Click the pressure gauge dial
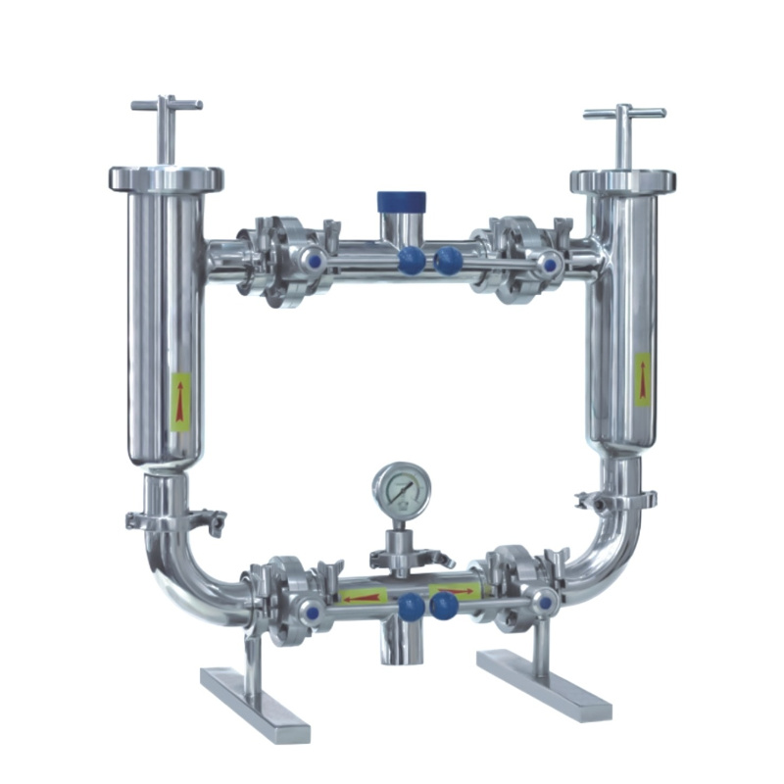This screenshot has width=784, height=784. pos(400,489)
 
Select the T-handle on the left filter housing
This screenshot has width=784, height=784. pos(167,104)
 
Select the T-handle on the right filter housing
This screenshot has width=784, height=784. pos(624,114)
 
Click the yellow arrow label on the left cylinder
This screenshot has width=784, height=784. pos(180,401)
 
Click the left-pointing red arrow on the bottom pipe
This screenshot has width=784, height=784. pos(364,596)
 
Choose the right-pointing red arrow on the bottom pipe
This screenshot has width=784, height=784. pos(456,593)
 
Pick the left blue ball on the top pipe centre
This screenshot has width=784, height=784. pos(412,260)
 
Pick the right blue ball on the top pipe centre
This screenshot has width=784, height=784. pos(449,260)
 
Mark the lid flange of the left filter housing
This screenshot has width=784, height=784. pos(166,179)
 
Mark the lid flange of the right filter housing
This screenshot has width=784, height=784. pos(622,182)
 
